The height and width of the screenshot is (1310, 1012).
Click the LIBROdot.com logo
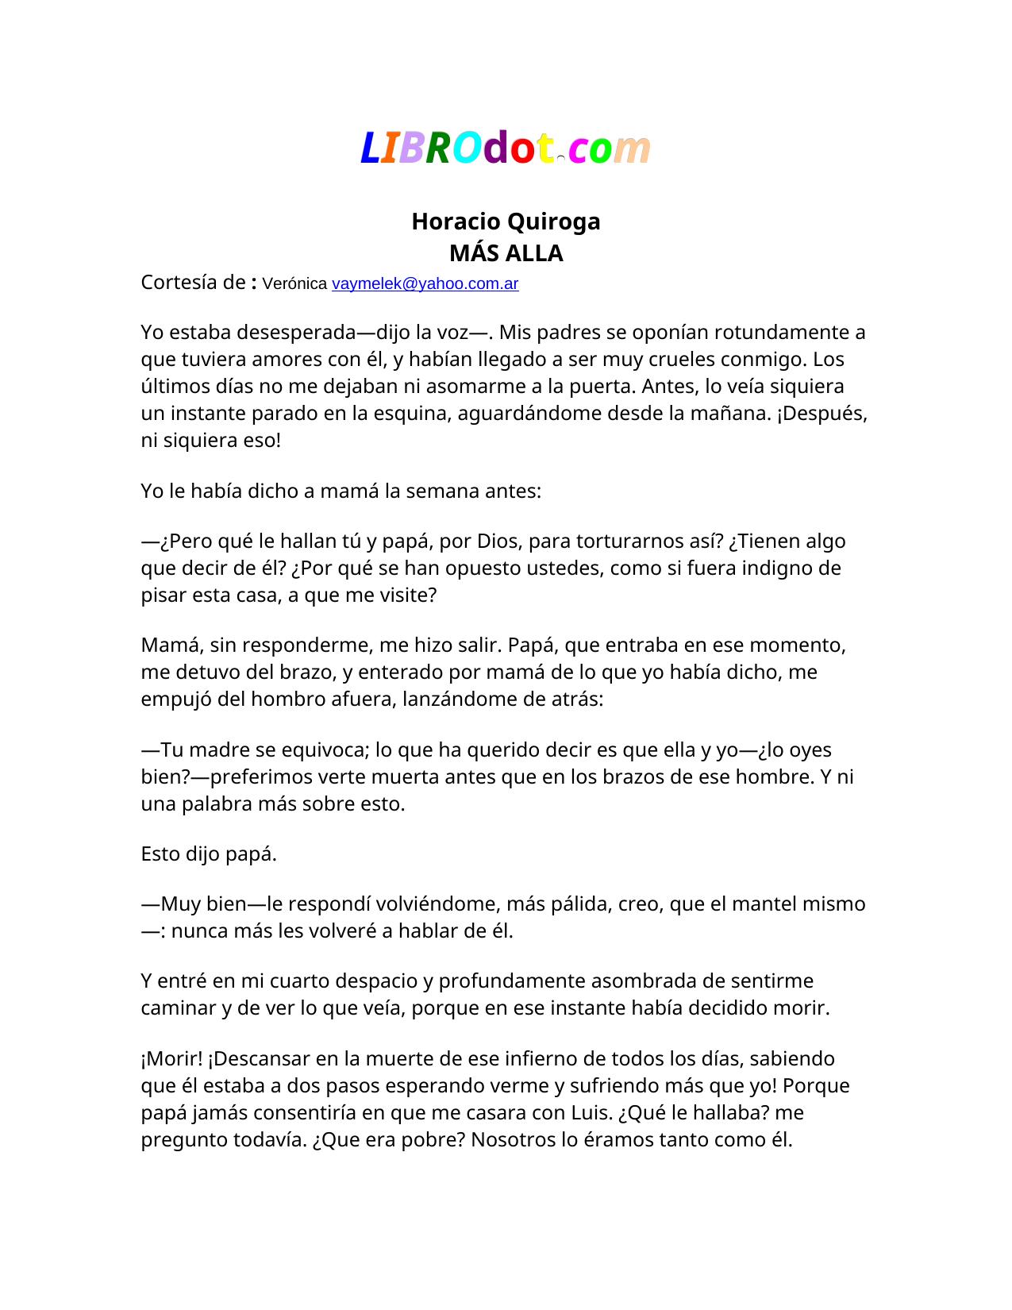tap(506, 148)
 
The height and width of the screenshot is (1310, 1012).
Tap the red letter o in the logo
tap(521, 149)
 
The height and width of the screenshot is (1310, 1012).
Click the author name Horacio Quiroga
tap(506, 222)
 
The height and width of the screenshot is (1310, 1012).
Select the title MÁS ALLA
tap(506, 253)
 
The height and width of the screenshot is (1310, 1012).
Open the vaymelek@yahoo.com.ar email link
tap(425, 283)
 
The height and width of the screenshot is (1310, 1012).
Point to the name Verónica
tap(294, 283)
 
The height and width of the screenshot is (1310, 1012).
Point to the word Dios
tap(498, 541)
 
